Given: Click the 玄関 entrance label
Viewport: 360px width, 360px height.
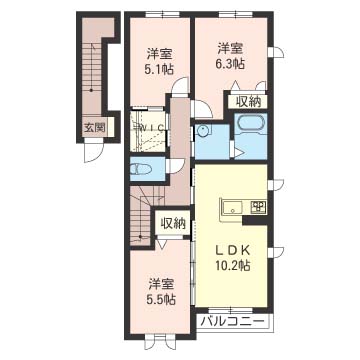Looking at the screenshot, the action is [95, 128].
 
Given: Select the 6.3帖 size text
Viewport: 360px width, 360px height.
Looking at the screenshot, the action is [231, 63].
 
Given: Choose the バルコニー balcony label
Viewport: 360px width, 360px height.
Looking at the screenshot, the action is [234, 322].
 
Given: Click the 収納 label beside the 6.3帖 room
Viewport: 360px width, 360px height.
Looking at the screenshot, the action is [248, 102].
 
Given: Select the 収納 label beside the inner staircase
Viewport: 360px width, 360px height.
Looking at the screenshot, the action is [173, 224].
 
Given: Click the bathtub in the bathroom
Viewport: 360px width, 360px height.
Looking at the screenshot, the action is [251, 125].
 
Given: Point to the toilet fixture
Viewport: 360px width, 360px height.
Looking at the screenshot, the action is [140, 170].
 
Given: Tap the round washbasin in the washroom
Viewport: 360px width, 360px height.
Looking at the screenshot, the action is [202, 131].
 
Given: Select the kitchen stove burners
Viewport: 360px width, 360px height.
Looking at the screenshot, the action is [258, 207].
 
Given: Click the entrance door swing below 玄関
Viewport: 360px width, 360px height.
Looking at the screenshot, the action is [94, 151].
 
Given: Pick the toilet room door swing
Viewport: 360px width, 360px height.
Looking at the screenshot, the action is [175, 165].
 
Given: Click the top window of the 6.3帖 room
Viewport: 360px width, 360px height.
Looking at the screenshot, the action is [232, 14].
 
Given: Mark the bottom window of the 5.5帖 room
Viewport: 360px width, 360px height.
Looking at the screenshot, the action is [161, 337].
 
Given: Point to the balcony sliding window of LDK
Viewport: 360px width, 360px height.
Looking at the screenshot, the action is [232, 310].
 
